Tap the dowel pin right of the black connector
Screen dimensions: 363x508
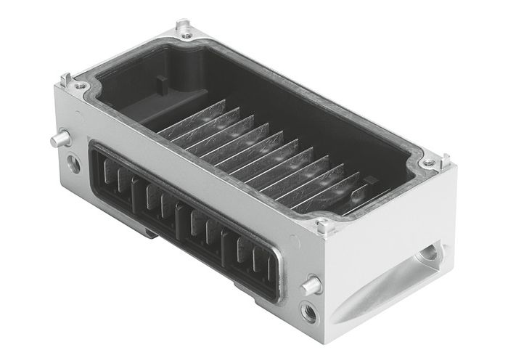click(312, 285)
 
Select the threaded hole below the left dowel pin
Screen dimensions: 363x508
click(73, 163)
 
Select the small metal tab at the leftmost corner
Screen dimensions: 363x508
click(67, 78)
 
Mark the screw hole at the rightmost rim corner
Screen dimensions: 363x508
click(433, 164)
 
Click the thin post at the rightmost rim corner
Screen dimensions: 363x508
click(445, 159)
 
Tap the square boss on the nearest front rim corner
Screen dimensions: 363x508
click(324, 226)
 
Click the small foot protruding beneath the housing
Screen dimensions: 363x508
click(149, 232)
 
